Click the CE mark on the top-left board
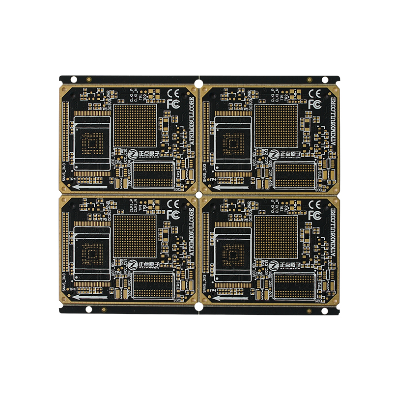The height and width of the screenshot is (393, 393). point(173,93)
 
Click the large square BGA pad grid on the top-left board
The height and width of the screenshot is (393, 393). point(135,126)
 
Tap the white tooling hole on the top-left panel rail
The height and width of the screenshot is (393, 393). point(73,79)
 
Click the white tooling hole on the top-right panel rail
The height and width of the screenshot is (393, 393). point(325,79)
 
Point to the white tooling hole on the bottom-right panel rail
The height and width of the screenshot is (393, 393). point(325,309)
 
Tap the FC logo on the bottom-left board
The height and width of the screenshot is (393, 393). point(172,215)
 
